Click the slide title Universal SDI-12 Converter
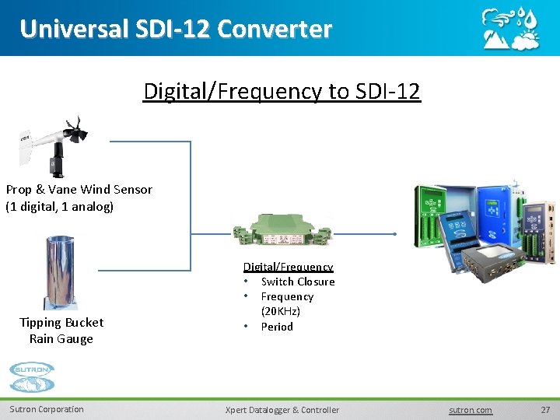coord(176,29)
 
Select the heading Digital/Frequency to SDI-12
coord(282,91)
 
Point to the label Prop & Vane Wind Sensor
coord(79,189)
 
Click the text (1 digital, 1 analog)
coord(60,206)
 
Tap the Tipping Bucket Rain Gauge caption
coord(61,331)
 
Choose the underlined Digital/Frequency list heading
coord(288,267)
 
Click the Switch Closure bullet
coord(297,282)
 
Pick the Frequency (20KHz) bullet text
coord(286,303)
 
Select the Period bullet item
coord(277,327)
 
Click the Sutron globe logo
coord(32,378)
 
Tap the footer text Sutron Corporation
coord(47,409)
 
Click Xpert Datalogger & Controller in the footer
coord(282,410)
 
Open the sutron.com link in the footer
coord(471,410)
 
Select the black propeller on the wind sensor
coord(75,131)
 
